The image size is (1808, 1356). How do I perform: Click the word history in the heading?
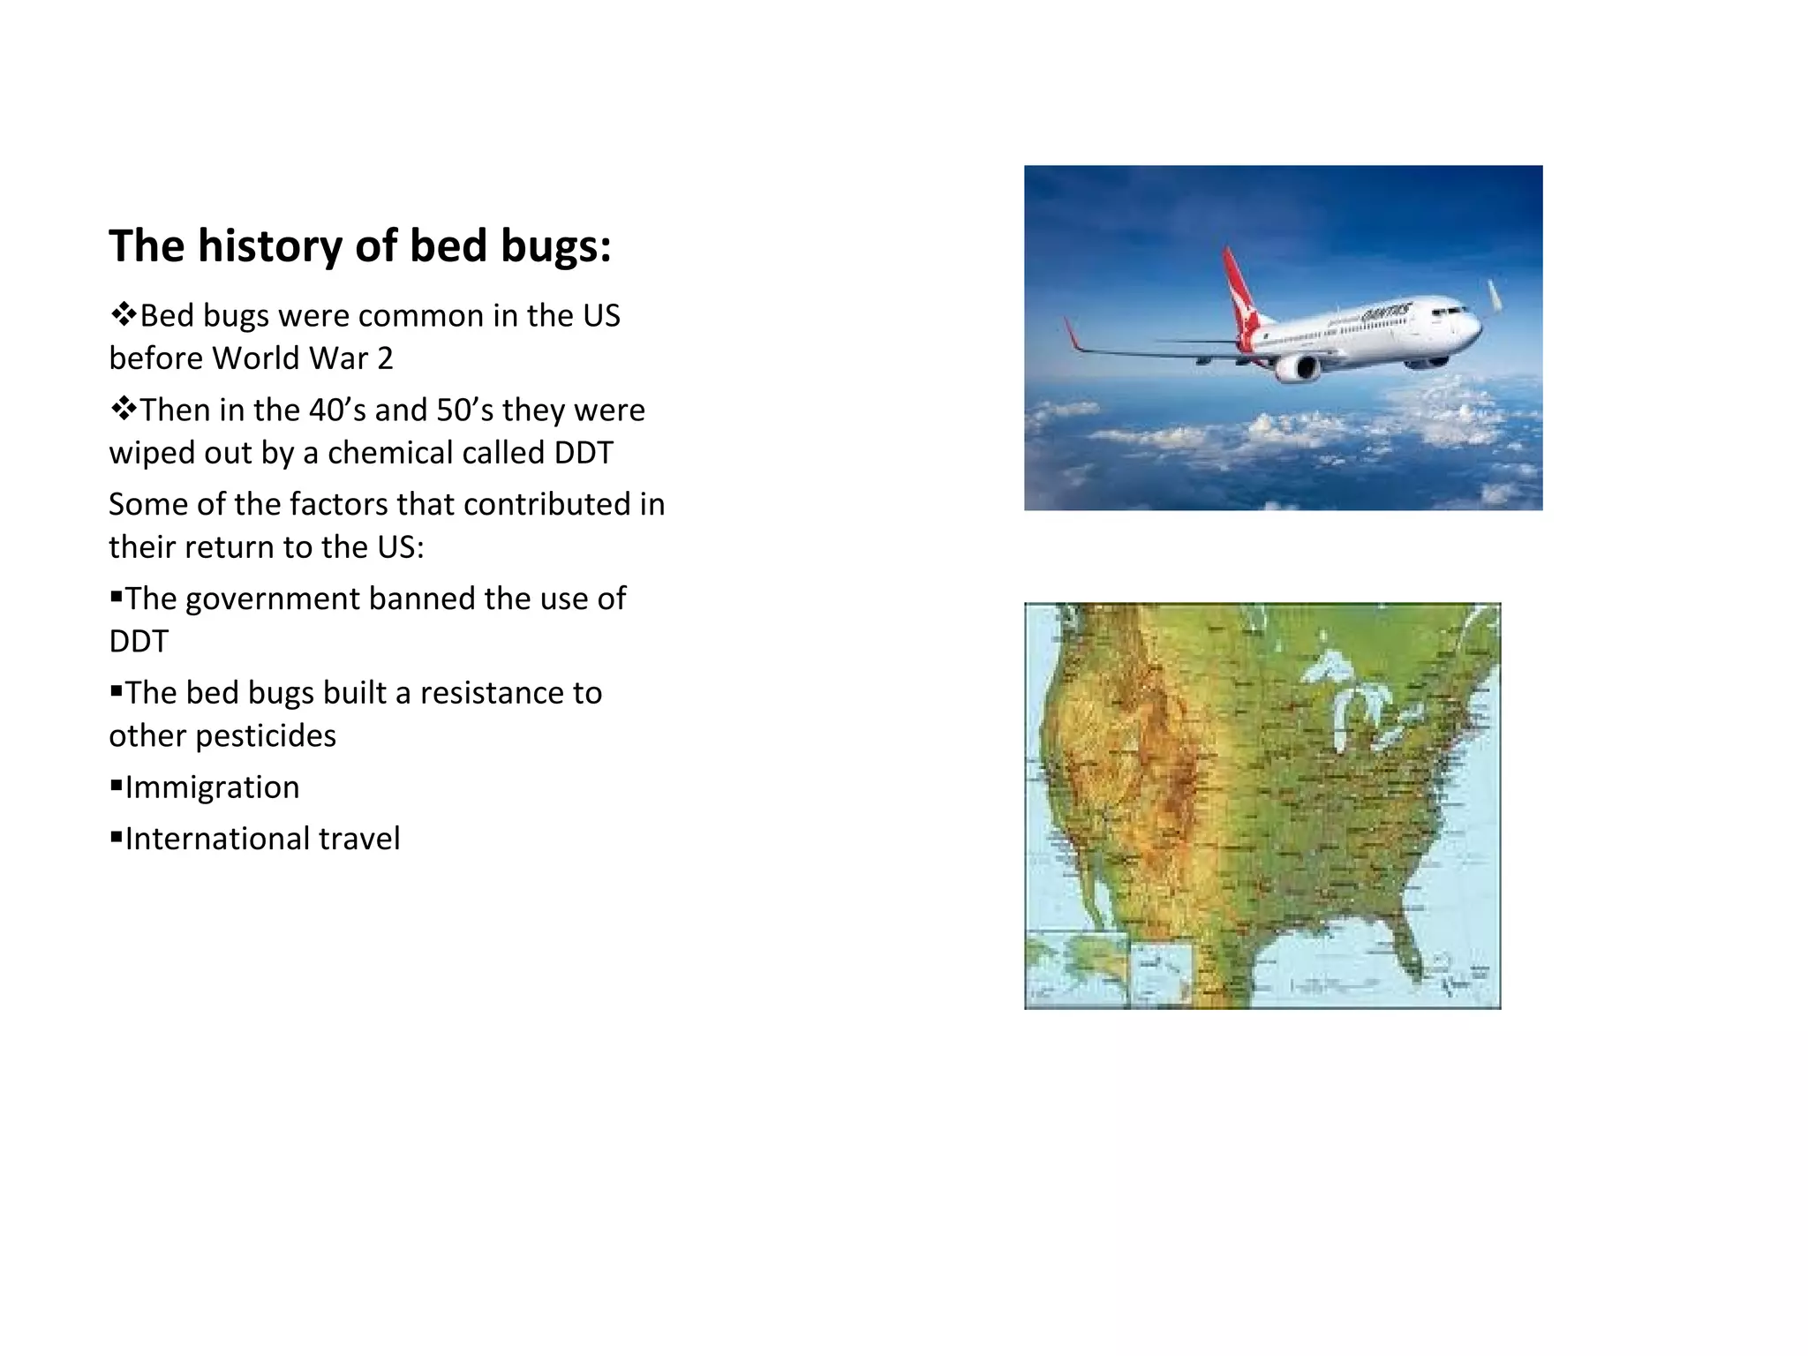click(x=269, y=246)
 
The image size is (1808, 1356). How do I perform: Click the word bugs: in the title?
click(x=555, y=246)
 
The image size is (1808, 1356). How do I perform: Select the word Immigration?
click(x=212, y=787)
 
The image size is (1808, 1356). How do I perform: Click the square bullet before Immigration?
click(x=116, y=784)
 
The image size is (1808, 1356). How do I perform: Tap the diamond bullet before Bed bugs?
click(x=123, y=313)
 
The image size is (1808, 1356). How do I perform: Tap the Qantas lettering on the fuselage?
click(x=1385, y=313)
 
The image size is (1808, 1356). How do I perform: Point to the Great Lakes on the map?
click(x=1351, y=697)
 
